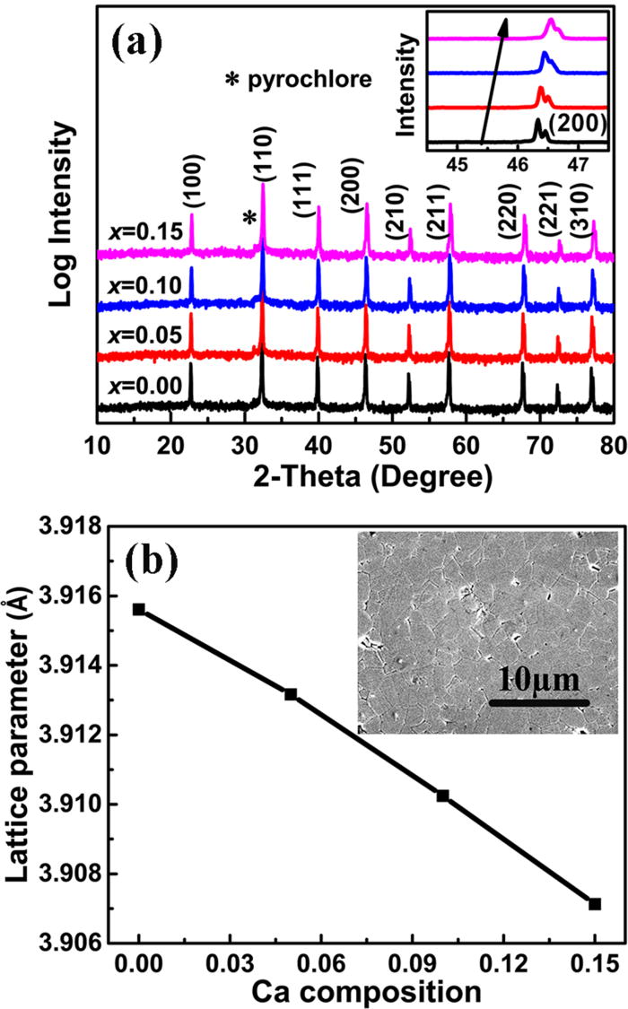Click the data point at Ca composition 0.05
(291, 694)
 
